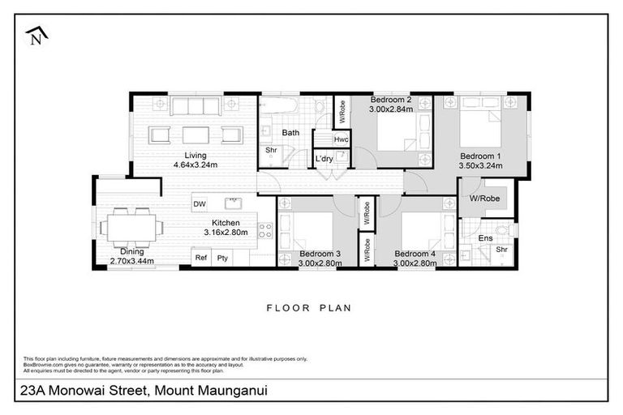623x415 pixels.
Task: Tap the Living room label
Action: coord(195,155)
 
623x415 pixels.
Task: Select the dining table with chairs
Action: coord(131,228)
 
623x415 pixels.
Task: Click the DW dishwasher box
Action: coord(200,203)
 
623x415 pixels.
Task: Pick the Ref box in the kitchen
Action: coord(200,257)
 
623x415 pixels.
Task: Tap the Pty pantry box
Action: coord(221,257)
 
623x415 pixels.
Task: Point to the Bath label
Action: coord(290,132)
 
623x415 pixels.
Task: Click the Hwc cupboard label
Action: coord(341,139)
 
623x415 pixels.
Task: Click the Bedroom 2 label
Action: coord(391,100)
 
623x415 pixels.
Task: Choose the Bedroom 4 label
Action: coord(414,254)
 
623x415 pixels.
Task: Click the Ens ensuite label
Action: coord(485,238)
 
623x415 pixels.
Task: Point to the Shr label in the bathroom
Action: coord(270,149)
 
